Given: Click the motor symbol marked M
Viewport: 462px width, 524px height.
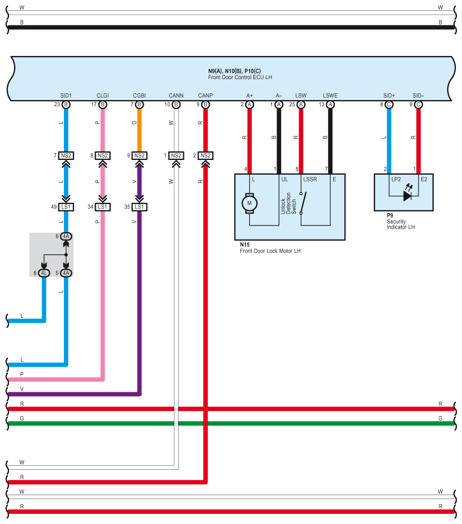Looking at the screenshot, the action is [x=249, y=203].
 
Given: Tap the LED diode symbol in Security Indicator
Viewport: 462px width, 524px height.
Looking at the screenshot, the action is [x=407, y=196].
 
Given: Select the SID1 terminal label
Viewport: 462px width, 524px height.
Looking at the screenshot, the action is [x=66, y=96].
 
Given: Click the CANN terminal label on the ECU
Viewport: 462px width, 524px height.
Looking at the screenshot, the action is [x=176, y=96].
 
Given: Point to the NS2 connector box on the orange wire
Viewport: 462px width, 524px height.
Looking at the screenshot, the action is [x=140, y=155].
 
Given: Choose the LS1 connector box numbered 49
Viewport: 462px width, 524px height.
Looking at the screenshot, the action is [x=66, y=207].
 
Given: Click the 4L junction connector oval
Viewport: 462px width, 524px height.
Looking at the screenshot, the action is [x=44, y=273].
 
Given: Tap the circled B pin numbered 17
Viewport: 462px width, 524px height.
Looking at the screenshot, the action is [x=102, y=105].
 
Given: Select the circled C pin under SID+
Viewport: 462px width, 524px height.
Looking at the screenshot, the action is [x=389, y=105].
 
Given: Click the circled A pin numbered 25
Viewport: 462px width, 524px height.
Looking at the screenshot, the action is [x=301, y=105].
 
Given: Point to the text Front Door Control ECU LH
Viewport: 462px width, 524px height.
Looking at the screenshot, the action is [x=240, y=77].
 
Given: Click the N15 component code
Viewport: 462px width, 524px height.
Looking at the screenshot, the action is [x=245, y=245].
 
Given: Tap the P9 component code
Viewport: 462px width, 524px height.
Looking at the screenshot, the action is [x=390, y=215].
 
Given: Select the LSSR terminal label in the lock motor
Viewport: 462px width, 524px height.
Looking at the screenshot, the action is [x=310, y=179].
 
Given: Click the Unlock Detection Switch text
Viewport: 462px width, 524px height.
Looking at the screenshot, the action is [x=288, y=203].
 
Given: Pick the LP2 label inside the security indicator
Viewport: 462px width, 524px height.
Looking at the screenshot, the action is [x=396, y=179].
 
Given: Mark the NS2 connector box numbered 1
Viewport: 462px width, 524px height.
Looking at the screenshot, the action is [x=176, y=155].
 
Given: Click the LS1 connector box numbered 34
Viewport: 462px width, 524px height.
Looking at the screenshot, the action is [x=102, y=207].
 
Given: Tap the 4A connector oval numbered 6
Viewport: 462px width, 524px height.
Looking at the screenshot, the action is [x=66, y=237].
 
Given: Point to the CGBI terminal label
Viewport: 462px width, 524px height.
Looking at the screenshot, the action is [x=140, y=96].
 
